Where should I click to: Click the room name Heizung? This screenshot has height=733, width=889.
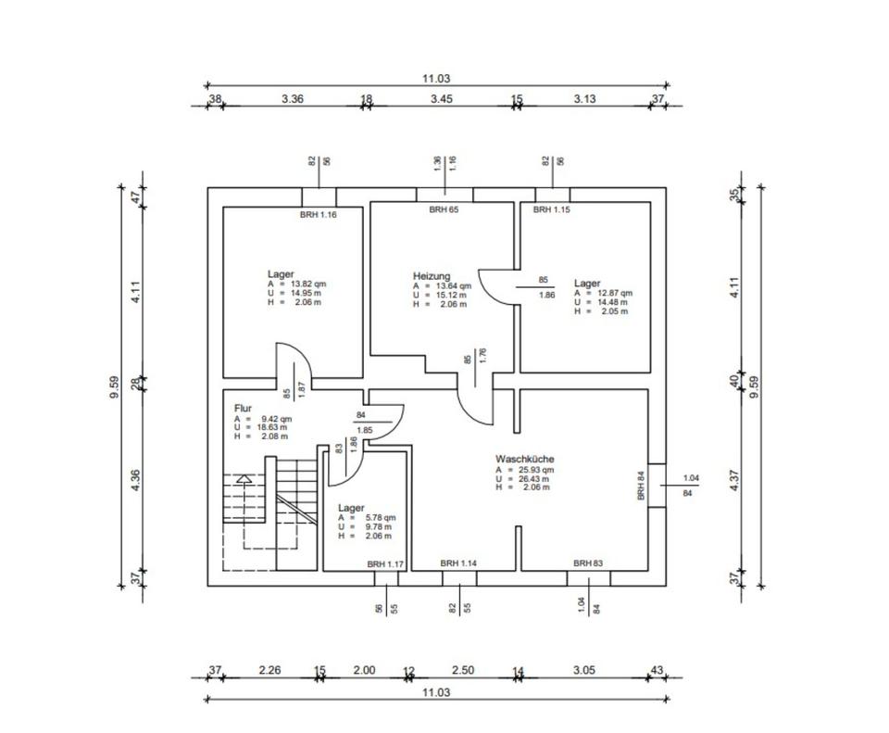(x=432, y=276)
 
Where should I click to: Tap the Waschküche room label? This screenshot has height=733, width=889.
(x=524, y=459)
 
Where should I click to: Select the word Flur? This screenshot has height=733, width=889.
(x=243, y=408)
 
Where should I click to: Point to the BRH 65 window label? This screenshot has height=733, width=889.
(x=444, y=210)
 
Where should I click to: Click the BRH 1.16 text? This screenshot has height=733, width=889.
(x=318, y=215)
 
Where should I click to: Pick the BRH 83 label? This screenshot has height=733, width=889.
(x=588, y=562)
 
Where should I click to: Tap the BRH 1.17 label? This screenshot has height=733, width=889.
(x=385, y=563)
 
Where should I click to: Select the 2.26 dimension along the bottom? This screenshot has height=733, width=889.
(x=269, y=670)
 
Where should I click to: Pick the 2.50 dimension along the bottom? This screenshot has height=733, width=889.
(x=462, y=670)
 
